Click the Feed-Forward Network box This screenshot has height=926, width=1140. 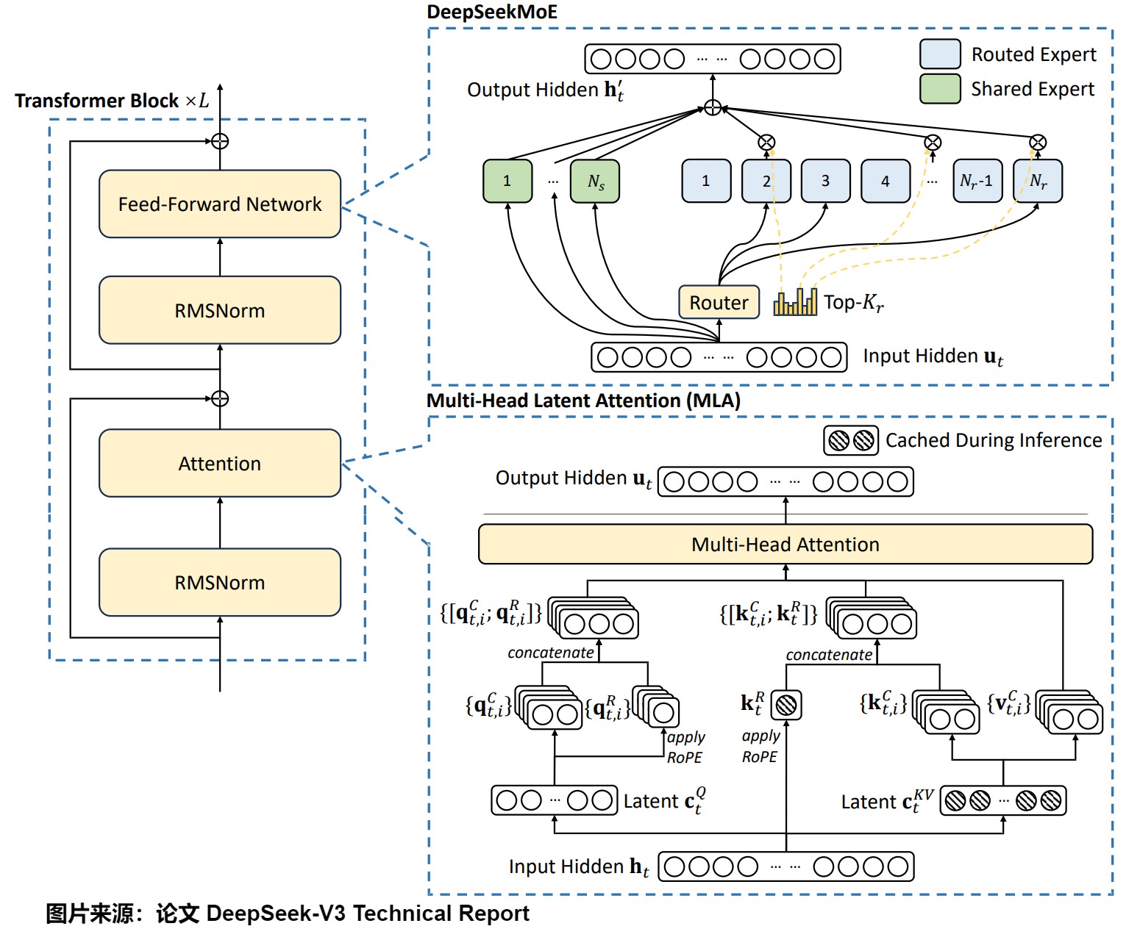pyautogui.click(x=220, y=204)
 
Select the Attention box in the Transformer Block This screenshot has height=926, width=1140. pyautogui.click(x=220, y=463)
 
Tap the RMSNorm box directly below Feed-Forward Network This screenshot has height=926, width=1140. pyautogui.click(x=220, y=310)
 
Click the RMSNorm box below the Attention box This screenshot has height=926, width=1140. pyautogui.click(x=220, y=582)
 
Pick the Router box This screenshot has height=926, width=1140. pyautogui.click(x=719, y=302)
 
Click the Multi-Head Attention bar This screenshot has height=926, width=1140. pyautogui.click(x=785, y=544)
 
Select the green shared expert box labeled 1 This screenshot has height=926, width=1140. pyautogui.click(x=507, y=181)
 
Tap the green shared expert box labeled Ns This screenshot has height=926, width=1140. pyautogui.click(x=595, y=181)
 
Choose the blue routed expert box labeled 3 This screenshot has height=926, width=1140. pyautogui.click(x=825, y=181)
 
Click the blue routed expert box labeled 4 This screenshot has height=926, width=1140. pyautogui.click(x=886, y=181)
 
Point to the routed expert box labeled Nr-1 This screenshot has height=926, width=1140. pyautogui.click(x=977, y=181)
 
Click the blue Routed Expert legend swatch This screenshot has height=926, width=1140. pyautogui.click(x=940, y=54)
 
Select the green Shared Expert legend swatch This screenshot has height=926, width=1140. pyautogui.click(x=940, y=89)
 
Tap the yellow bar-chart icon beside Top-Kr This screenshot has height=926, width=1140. pyautogui.click(x=795, y=302)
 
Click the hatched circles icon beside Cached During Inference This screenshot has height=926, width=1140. pyautogui.click(x=851, y=440)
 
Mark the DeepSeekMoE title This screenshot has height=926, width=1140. pyautogui.click(x=492, y=12)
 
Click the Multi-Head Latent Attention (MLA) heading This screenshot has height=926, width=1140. pyautogui.click(x=583, y=401)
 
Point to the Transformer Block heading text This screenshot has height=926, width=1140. pyautogui.click(x=112, y=101)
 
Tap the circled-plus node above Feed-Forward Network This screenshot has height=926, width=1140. pyautogui.click(x=220, y=141)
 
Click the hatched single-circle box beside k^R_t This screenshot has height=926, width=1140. pyautogui.click(x=785, y=705)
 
